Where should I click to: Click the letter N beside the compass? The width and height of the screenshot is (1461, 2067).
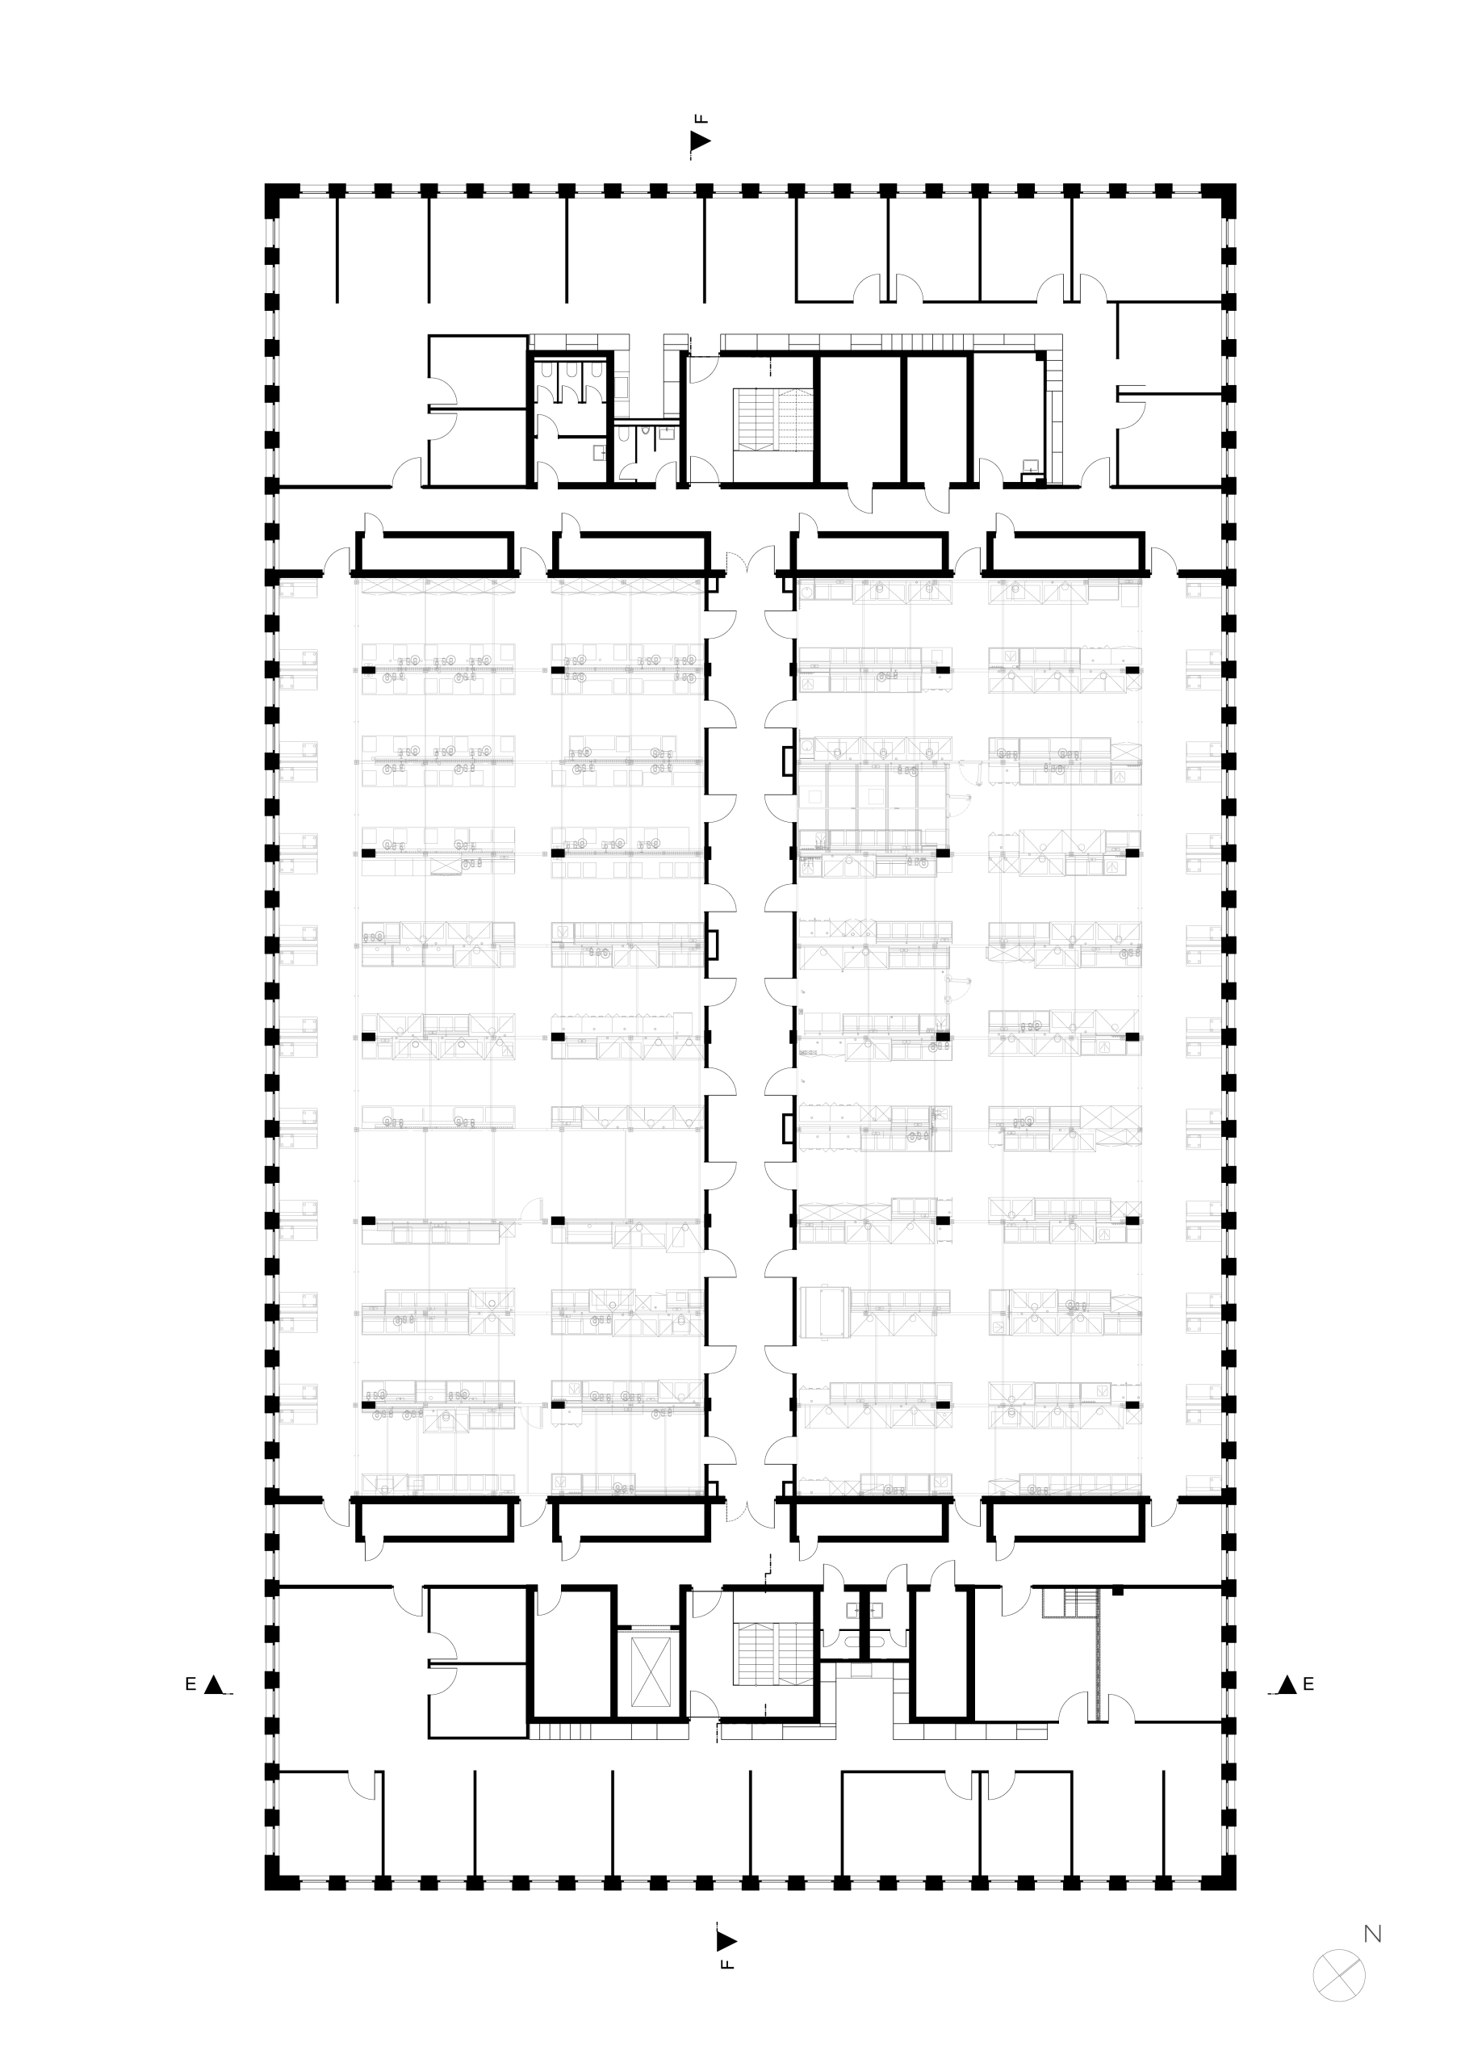(1373, 1933)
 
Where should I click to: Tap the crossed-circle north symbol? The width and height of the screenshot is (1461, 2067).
(1338, 1975)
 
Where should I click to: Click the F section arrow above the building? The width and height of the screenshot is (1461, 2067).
(701, 140)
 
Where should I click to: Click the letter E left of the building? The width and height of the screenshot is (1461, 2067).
(190, 1684)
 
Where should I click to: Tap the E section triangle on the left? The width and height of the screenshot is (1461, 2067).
(213, 1684)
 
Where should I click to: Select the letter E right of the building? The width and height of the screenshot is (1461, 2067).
(1308, 1683)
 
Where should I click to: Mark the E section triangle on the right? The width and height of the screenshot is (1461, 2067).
(1287, 1683)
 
